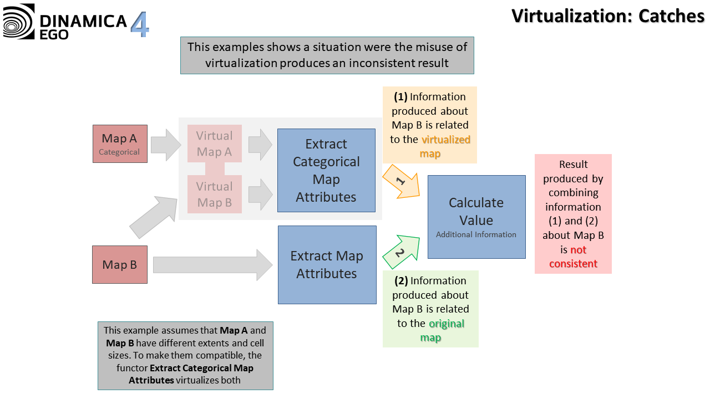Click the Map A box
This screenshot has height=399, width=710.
pyautogui.click(x=120, y=144)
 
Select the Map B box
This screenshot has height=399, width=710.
pyautogui.click(x=120, y=264)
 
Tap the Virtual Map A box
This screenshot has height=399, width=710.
pyautogui.click(x=214, y=144)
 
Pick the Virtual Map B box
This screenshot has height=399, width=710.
pyautogui.click(x=214, y=195)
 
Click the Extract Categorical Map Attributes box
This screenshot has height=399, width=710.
pyautogui.click(x=326, y=170)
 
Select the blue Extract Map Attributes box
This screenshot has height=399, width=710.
pyautogui.click(x=327, y=264)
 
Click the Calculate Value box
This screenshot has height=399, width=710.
pyautogui.click(x=476, y=217)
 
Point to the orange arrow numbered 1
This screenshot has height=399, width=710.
pyautogui.click(x=403, y=182)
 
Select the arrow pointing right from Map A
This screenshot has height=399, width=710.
pyautogui.click(x=165, y=145)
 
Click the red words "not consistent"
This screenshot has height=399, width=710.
pyautogui.click(x=573, y=257)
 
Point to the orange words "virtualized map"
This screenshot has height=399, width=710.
pyautogui.click(x=438, y=146)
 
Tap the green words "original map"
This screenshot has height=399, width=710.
pyautogui.click(x=438, y=330)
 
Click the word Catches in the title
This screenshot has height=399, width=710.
pyautogui.click(x=671, y=16)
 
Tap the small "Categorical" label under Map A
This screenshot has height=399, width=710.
pyautogui.click(x=119, y=152)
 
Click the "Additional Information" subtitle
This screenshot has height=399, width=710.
pyautogui.click(x=476, y=234)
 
